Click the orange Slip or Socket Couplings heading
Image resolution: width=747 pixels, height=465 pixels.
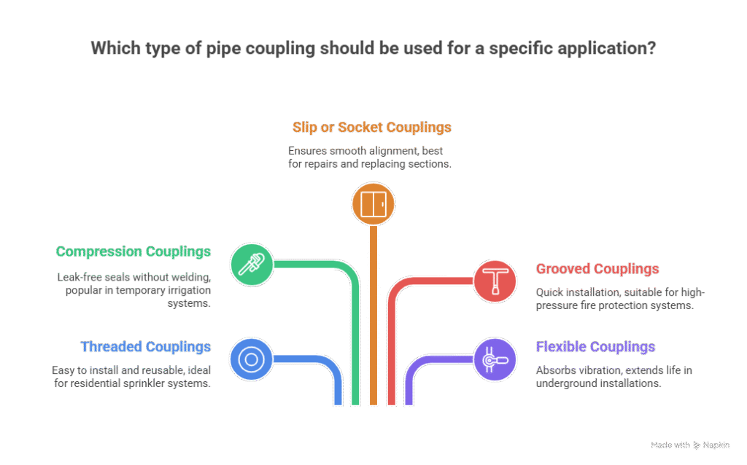coord(372,128)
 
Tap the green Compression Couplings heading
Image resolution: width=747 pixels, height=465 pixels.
coord(133,252)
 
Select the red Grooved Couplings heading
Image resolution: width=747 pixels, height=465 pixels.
coord(597,269)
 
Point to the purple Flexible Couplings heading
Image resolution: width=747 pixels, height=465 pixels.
coord(595,347)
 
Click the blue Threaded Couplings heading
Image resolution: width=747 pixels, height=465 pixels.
coord(145,347)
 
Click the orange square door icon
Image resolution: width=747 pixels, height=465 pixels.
coord(373,203)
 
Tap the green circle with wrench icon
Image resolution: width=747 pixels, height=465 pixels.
coord(252,264)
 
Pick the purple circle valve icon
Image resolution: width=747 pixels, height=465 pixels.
coord(495,359)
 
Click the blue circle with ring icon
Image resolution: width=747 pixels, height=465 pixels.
coord(252,359)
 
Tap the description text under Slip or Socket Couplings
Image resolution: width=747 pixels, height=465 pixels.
coord(371,157)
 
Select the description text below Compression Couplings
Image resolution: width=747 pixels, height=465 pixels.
coord(133,290)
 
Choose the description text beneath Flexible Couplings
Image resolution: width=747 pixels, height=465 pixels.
coord(614,377)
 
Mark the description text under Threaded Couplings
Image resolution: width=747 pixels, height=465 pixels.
coord(132,377)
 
